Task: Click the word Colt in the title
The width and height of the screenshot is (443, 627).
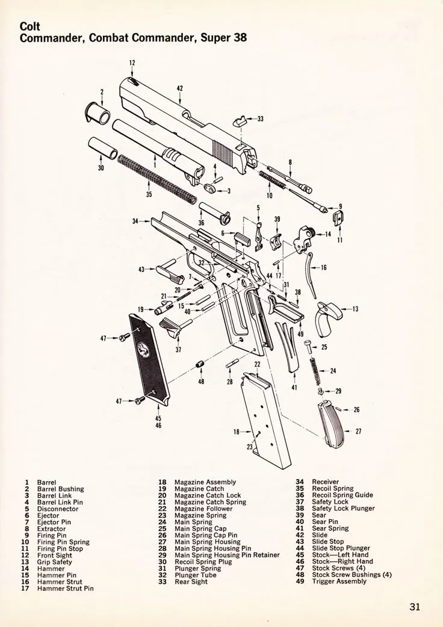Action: click(x=30, y=26)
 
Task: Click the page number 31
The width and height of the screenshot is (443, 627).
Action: click(x=415, y=607)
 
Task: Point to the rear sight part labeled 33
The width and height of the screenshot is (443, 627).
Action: click(x=240, y=119)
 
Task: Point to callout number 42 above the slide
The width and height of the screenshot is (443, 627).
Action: click(x=180, y=88)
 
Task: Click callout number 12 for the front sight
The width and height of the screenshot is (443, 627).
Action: click(x=132, y=62)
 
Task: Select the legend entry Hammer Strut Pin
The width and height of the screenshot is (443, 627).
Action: click(x=65, y=588)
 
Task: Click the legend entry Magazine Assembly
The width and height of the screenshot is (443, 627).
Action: click(x=205, y=482)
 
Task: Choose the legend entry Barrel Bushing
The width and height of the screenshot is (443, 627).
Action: click(x=60, y=489)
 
